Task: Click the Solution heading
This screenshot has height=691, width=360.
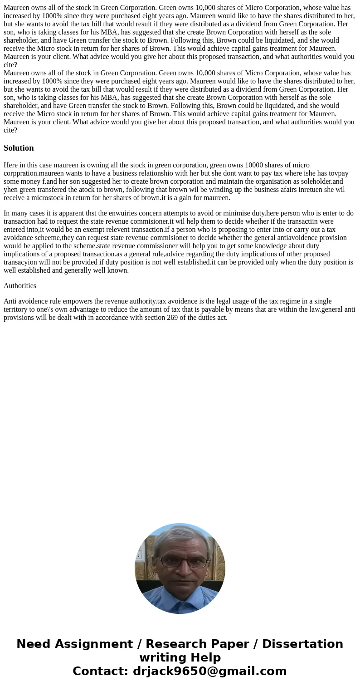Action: [19, 148]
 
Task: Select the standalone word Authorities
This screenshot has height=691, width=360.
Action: [20, 286]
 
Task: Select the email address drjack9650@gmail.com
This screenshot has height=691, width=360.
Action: [210, 671]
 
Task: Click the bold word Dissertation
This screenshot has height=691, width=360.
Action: [302, 644]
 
